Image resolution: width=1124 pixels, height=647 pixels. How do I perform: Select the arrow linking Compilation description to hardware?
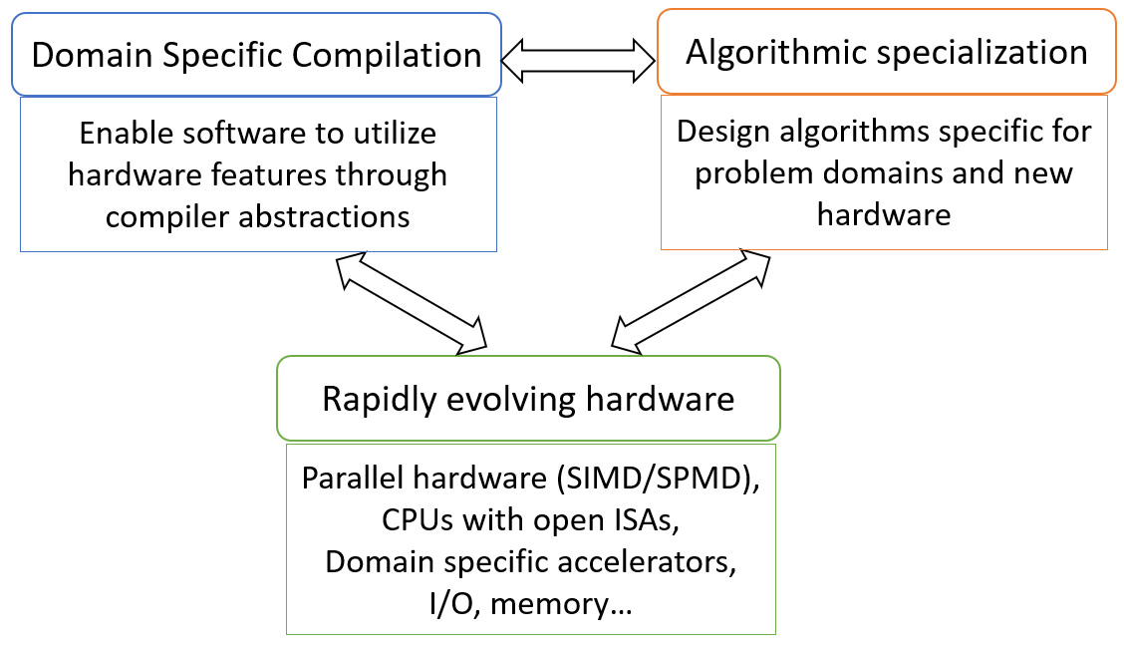pos(412,300)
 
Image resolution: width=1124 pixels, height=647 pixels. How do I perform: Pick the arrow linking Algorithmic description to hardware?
pos(690,300)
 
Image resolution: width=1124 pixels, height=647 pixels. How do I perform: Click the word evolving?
pos(510,399)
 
